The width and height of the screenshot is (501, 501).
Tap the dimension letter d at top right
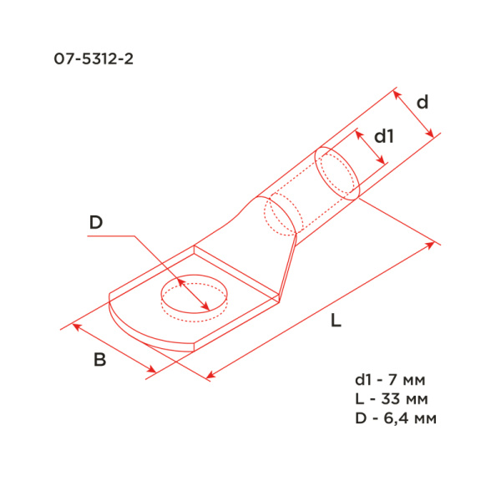423,103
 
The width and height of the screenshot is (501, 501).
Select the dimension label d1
383,135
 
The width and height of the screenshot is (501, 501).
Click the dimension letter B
99,361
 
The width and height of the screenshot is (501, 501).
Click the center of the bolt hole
194,296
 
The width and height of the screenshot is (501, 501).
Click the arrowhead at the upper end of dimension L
433,244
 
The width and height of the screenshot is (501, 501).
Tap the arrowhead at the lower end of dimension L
209,377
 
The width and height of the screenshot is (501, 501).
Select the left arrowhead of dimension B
75,326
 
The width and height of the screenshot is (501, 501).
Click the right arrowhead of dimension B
152,371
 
